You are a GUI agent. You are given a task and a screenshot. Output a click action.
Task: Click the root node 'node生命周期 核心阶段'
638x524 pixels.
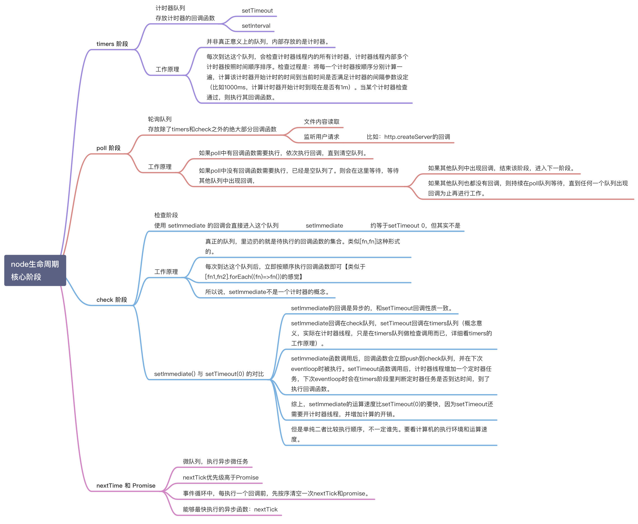tap(35, 270)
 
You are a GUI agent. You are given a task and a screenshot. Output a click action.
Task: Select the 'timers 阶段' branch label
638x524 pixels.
tap(112, 44)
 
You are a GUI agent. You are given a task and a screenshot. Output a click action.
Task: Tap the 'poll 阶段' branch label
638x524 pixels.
tap(108, 148)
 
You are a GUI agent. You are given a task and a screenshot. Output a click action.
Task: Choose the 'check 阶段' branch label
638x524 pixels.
tap(112, 300)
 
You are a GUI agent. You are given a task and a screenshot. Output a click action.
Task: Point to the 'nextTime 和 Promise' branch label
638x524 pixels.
tap(126, 485)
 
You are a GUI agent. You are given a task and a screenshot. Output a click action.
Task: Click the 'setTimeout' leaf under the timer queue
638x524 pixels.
tap(257, 11)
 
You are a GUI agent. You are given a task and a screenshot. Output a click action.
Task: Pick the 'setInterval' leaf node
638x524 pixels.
tap(256, 26)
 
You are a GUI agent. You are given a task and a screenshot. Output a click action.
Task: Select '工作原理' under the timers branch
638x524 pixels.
tap(167, 69)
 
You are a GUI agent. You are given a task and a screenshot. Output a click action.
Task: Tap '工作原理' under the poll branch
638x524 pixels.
tap(160, 167)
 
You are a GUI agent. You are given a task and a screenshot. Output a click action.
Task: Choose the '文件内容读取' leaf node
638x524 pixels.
tap(322, 122)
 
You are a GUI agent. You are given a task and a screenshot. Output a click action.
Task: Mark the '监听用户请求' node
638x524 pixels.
tap(322, 137)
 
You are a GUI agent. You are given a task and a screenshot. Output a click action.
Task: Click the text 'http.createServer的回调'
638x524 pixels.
tap(417, 137)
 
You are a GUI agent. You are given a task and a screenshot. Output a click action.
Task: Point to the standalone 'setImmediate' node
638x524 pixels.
tap(324, 226)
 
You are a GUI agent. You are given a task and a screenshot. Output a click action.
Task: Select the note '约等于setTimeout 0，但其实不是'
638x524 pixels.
tap(415, 226)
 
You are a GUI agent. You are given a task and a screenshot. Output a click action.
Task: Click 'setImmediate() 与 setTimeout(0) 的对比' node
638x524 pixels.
tap(209, 374)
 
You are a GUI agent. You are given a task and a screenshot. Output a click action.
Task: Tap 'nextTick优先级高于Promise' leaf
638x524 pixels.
tap(221, 478)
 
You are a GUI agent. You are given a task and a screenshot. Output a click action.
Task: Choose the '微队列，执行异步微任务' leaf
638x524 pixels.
tap(215, 462)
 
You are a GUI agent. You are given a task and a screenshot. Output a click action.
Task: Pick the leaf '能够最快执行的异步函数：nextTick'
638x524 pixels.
tap(230, 509)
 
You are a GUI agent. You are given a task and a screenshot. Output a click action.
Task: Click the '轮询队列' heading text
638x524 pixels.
tap(160, 119)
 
